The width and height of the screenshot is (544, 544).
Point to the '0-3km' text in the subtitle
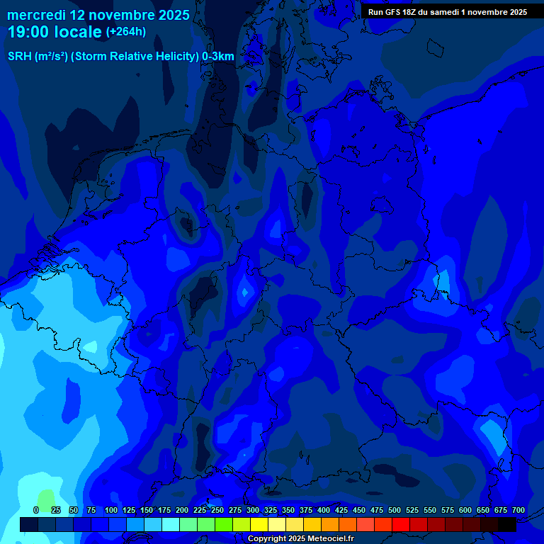218,57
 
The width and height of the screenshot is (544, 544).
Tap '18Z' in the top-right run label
409,12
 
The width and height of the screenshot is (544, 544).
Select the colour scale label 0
36,510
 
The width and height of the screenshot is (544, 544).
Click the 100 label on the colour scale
110,510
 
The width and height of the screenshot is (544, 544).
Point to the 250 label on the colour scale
217,510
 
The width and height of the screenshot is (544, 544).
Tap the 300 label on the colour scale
252,510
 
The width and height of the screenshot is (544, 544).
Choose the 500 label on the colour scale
394,510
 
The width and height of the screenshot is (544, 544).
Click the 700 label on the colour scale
518,510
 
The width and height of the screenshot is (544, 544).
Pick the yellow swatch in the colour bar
259,524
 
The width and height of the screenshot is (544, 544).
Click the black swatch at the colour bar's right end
507,524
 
